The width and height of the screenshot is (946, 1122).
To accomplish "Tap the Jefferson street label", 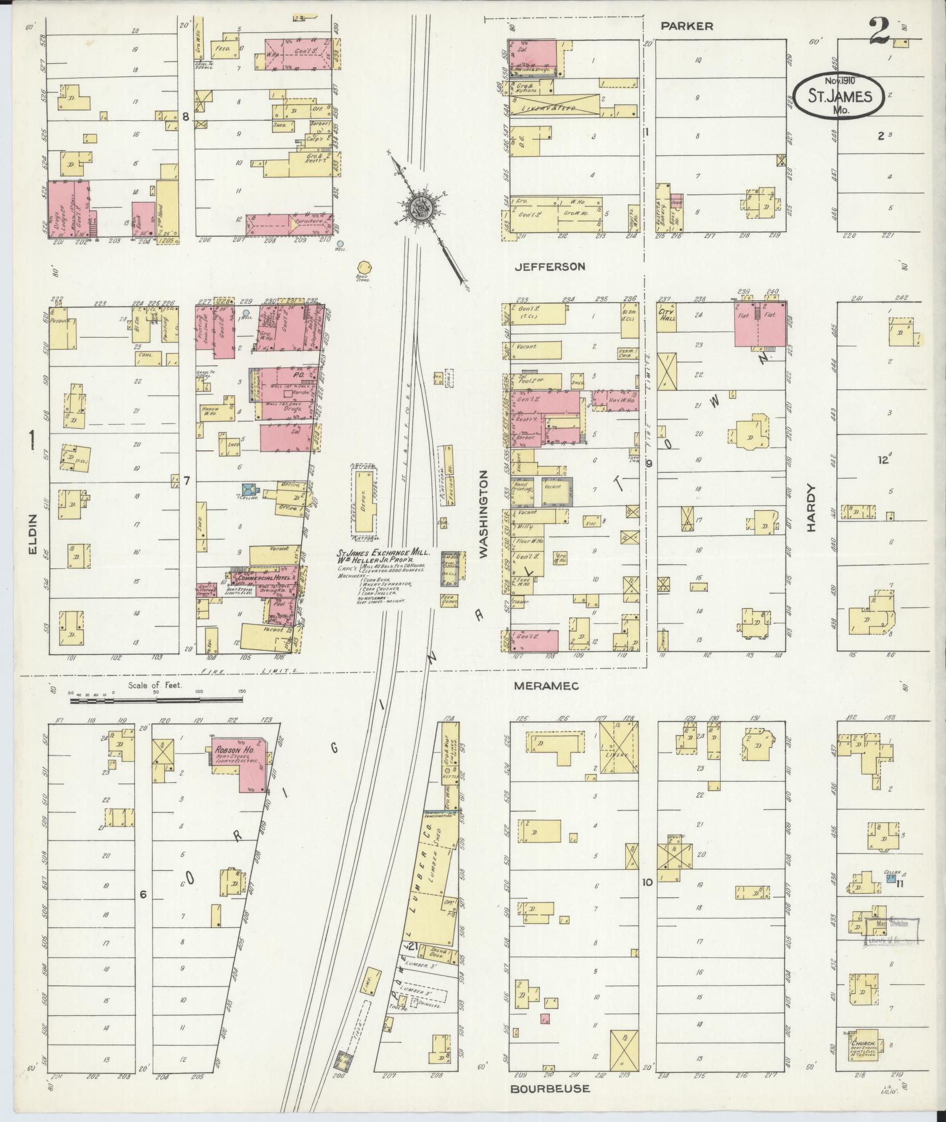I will pos(550,266).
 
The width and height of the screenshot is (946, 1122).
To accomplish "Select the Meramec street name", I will pos(545,685).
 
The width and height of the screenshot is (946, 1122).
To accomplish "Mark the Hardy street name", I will pos(811,507).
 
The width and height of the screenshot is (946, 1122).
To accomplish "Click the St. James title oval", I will pos(839,96).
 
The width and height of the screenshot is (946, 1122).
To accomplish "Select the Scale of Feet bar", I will pos(156,699).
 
